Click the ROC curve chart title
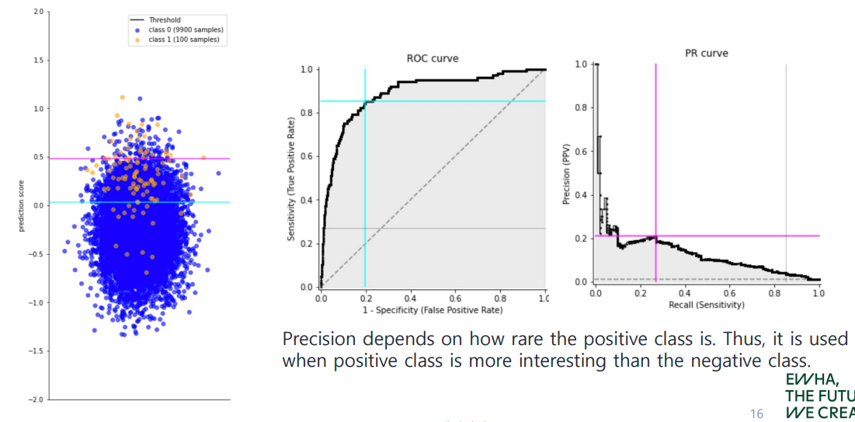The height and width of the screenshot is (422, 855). coord(433,58)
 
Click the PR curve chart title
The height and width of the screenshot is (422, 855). coord(706,54)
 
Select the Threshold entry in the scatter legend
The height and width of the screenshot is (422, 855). coord(164,20)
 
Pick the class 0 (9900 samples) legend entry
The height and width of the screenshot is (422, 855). coord(181,30)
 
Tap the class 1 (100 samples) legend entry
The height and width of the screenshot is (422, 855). coord(179,39)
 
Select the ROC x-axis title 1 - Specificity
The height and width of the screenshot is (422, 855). coord(433,310)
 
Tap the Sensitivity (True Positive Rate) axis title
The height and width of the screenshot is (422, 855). coord(291,178)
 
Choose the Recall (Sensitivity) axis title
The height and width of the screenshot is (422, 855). coord(706,305)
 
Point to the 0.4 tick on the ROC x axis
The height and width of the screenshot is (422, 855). coord(410,298)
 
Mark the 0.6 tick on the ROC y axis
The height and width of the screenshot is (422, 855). coord(306,156)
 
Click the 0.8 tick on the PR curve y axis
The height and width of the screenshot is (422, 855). coord(580,107)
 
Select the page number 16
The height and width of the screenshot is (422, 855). coord(757,413)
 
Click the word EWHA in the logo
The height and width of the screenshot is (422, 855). coord(811,380)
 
